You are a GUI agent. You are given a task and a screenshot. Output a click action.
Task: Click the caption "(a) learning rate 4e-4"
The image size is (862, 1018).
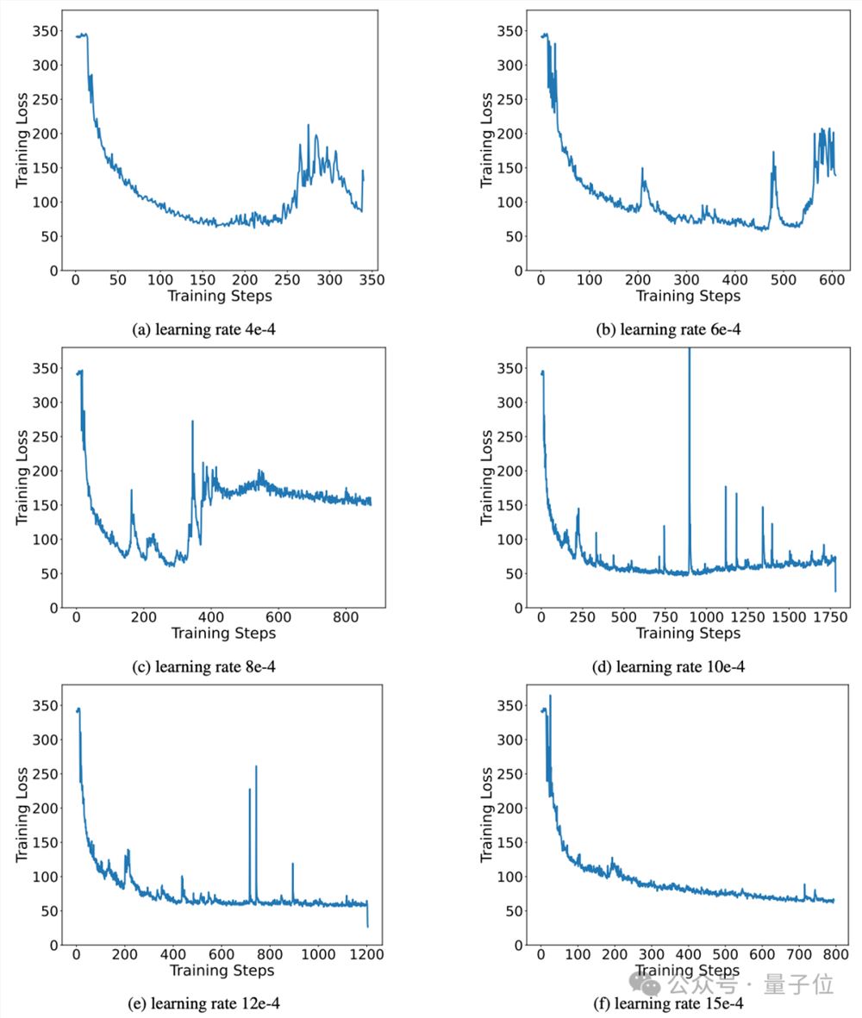click(222, 328)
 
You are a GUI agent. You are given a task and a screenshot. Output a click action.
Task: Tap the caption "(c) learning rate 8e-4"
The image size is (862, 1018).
click(222, 666)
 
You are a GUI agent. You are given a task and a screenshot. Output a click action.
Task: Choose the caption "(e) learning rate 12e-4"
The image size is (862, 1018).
click(222, 1004)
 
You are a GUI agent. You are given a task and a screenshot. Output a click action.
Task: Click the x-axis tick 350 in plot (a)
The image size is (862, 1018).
click(372, 280)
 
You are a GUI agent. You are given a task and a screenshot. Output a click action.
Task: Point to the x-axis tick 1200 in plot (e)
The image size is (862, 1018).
click(367, 955)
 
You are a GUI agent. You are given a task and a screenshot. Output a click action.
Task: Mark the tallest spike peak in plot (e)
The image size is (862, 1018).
click(256, 766)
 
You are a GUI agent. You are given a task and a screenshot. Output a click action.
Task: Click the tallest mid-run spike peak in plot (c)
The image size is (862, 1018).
click(192, 422)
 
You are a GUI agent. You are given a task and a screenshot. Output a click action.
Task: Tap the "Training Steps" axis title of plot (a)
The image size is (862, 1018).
click(220, 297)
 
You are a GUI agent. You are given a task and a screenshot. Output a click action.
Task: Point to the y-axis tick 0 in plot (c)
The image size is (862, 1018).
click(53, 608)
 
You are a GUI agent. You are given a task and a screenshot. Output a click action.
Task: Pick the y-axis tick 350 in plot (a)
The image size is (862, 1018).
click(45, 31)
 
